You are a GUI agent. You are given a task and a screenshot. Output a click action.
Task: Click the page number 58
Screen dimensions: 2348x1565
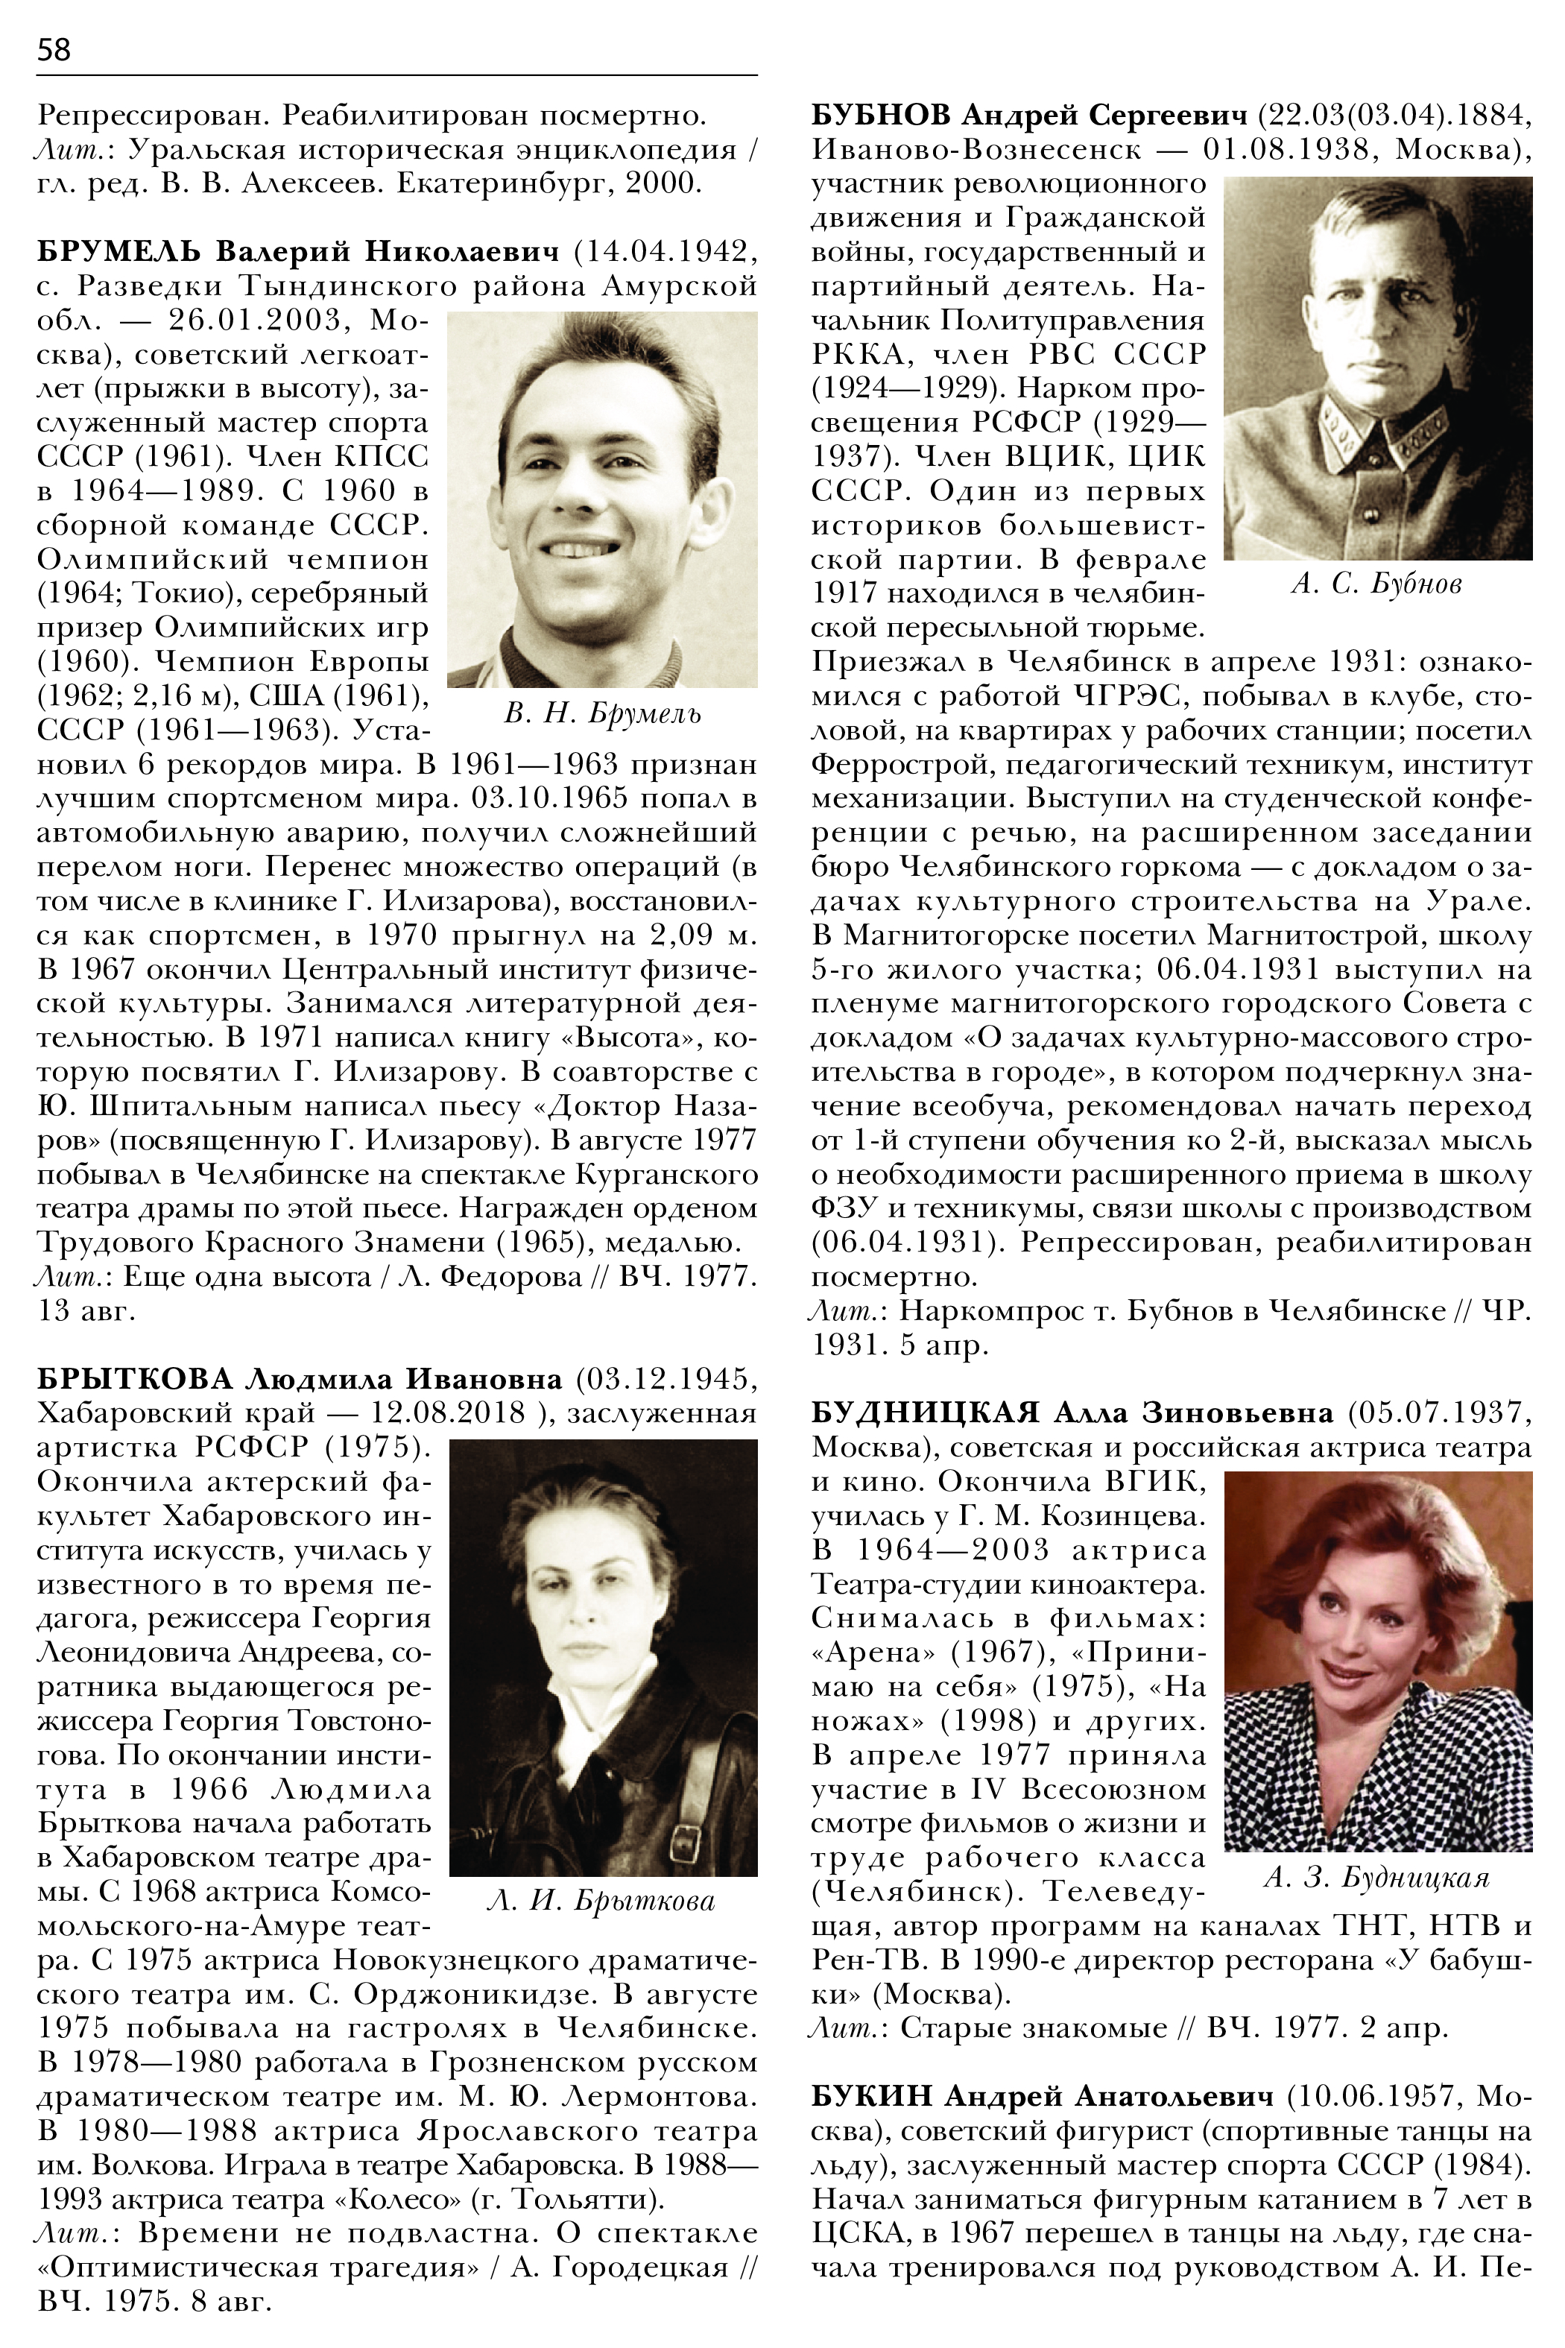[x=54, y=50]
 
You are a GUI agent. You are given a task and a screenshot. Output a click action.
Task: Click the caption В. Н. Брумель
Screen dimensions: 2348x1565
[x=602, y=714]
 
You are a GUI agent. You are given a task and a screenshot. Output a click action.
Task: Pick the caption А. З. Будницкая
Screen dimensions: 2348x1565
[x=1376, y=1878]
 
